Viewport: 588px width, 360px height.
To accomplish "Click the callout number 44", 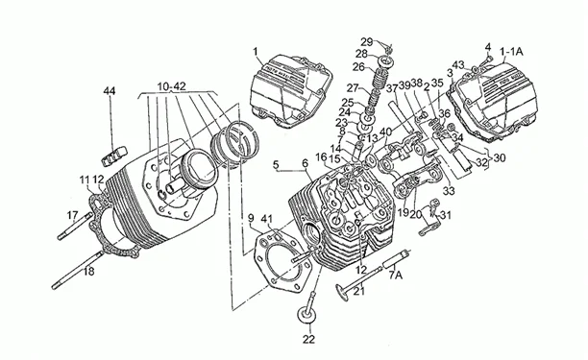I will (109, 91).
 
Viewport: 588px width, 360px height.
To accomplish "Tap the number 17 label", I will (72, 213).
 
